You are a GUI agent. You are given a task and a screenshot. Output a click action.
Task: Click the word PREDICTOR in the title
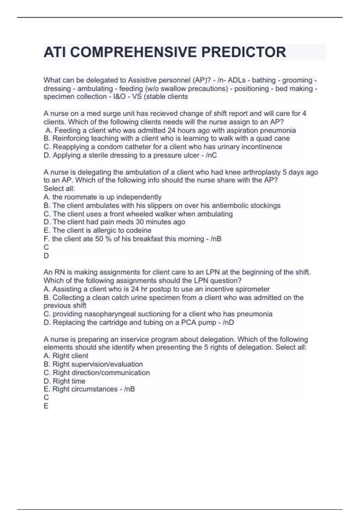point(243,52)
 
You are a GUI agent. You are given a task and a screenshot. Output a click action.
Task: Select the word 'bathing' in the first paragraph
point(264,80)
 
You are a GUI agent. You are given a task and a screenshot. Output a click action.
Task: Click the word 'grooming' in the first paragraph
point(297,80)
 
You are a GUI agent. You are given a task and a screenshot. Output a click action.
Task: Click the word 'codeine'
point(139,230)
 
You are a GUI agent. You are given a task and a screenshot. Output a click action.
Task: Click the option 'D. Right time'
point(64,381)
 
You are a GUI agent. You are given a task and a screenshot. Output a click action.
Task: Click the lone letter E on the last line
point(46,406)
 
